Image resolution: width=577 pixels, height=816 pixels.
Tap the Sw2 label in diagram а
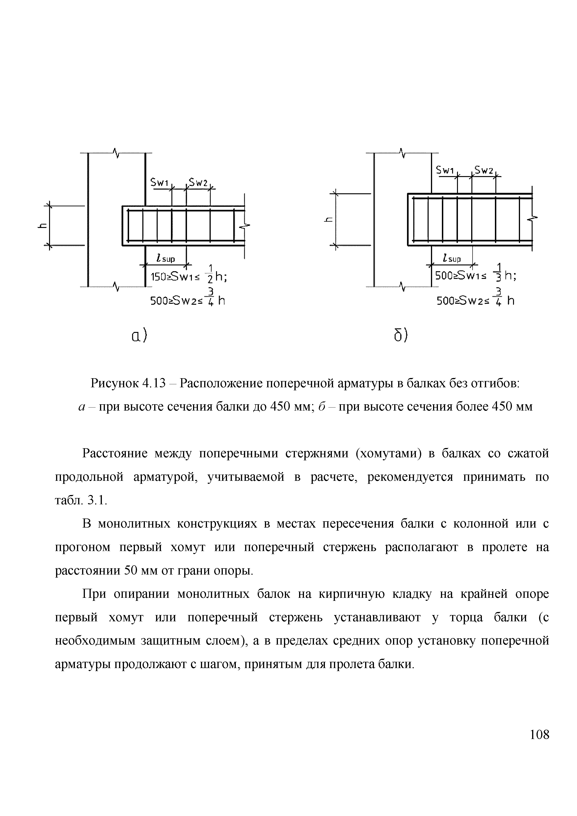point(198,183)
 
